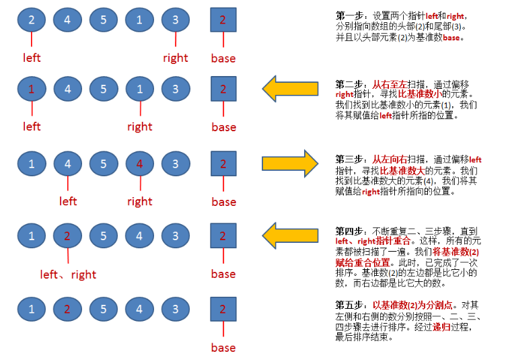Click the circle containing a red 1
pyautogui.click(x=32, y=89)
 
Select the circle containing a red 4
pyautogui.click(x=140, y=164)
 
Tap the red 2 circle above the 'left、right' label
pyautogui.click(x=67, y=236)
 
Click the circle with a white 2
pyautogui.click(x=32, y=20)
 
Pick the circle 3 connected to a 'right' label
pyautogui.click(x=176, y=20)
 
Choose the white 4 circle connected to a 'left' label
pyautogui.click(x=67, y=164)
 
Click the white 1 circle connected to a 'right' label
pyautogui.click(x=140, y=89)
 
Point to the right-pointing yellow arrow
pyautogui.click(x=290, y=164)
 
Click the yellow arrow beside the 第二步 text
pyautogui.click(x=290, y=89)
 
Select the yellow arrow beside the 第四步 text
pyautogui.click(x=290, y=236)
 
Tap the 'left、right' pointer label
pyautogui.click(x=68, y=275)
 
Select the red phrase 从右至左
pyautogui.click(x=390, y=85)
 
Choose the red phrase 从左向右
pyautogui.click(x=390, y=159)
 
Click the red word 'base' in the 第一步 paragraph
pyautogui.click(x=451, y=38)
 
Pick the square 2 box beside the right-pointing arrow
pyautogui.click(x=223, y=164)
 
